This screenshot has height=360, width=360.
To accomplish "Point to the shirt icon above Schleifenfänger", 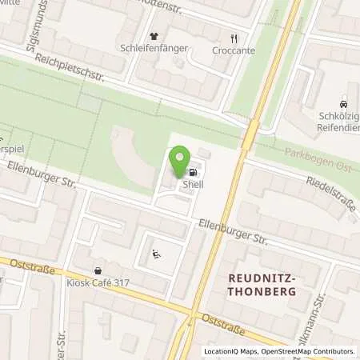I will point(154,36).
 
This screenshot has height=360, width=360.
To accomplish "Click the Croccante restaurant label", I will point(234,48).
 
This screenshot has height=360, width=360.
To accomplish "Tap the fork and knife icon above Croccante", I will point(234,37).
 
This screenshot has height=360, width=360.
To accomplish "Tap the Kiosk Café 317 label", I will point(107,284).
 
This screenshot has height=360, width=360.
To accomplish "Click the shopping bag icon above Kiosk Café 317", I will point(98,271).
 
